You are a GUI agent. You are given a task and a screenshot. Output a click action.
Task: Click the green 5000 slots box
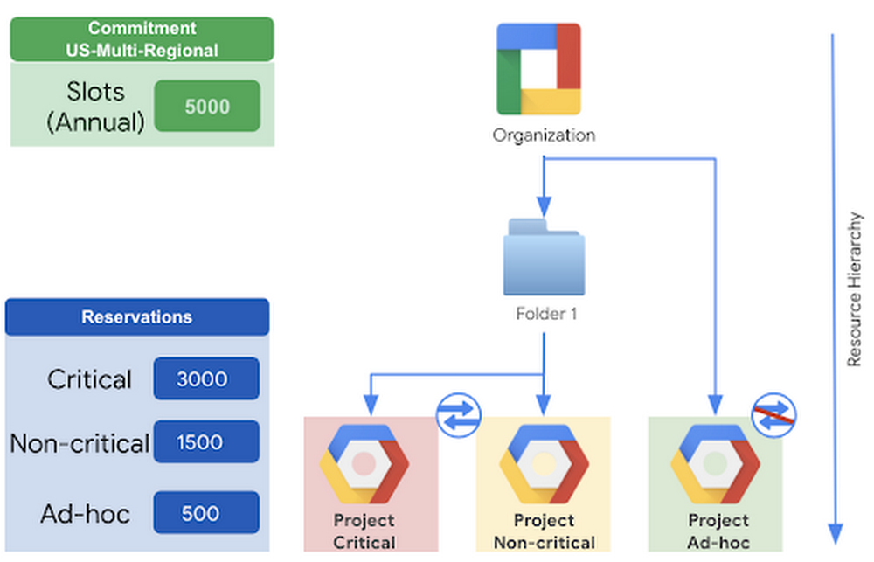(x=207, y=106)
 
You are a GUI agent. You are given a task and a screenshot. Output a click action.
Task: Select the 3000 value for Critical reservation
(x=206, y=378)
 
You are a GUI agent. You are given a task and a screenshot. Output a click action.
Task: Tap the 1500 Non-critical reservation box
(x=206, y=442)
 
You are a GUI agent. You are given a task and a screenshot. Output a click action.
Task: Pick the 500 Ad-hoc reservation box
(x=206, y=512)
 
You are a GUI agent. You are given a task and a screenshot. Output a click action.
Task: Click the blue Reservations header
(x=137, y=317)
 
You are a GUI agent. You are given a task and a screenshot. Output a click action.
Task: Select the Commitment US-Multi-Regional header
(x=142, y=39)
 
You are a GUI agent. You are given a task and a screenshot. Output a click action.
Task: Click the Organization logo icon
(x=539, y=69)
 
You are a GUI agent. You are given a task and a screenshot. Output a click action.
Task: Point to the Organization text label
(x=544, y=135)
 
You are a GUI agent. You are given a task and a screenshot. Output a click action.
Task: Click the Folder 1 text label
(x=545, y=313)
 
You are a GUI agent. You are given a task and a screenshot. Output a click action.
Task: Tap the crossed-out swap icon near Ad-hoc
(x=773, y=413)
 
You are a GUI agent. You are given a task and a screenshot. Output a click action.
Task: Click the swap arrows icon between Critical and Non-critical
(x=459, y=413)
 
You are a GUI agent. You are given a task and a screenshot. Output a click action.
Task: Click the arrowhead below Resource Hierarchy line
(x=834, y=532)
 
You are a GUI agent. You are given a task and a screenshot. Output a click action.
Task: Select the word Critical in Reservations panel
(x=90, y=379)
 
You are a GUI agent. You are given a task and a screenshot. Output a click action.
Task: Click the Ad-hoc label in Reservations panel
(x=85, y=513)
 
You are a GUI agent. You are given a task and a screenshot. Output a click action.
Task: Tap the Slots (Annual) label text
(x=95, y=106)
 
